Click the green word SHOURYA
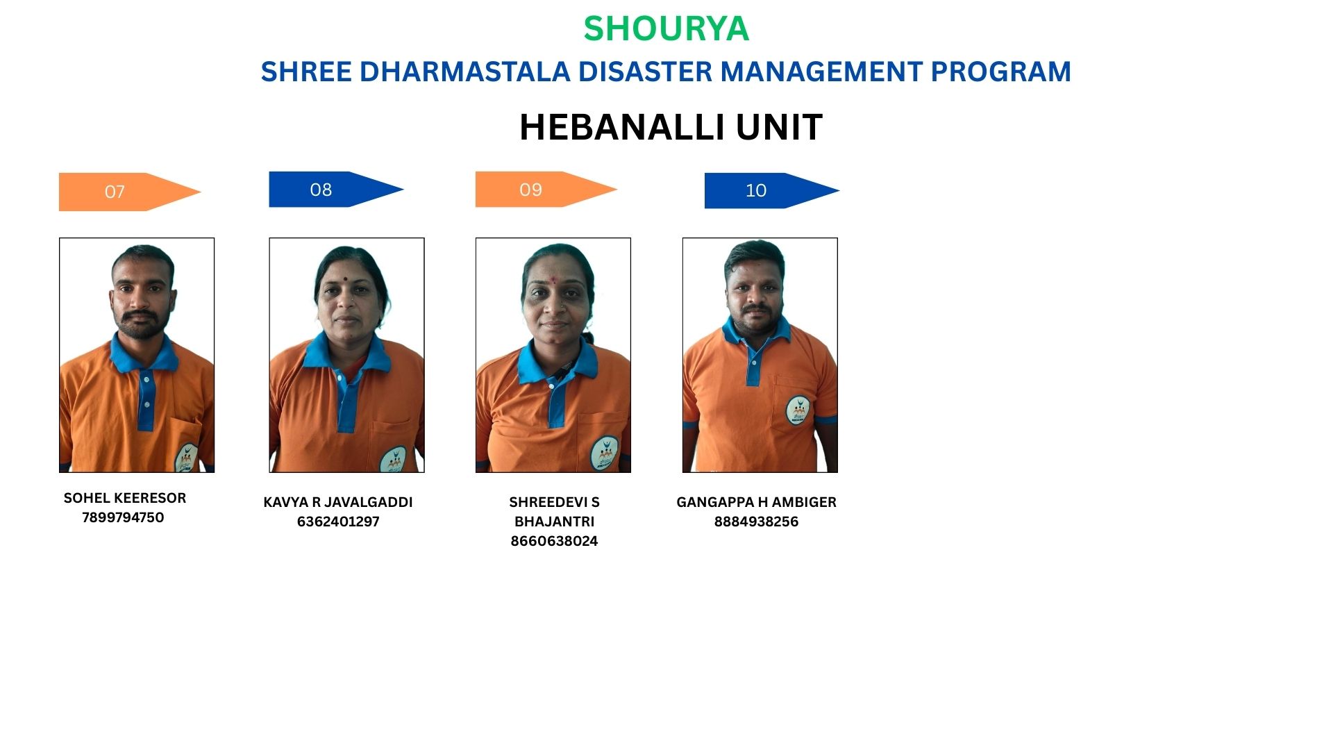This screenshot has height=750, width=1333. click(x=666, y=28)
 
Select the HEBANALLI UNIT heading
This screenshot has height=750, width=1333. click(x=671, y=127)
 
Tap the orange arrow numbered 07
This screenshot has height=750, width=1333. click(x=130, y=192)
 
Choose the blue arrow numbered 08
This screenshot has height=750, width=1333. click(x=336, y=190)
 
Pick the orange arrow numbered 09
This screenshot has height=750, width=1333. click(x=546, y=190)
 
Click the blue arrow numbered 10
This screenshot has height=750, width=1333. click(x=771, y=190)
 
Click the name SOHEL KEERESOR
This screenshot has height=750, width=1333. click(x=125, y=498)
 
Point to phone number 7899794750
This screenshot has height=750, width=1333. click(x=123, y=517)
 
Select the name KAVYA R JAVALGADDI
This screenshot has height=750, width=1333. click(x=338, y=502)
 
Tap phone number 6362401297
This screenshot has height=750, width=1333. click(x=338, y=522)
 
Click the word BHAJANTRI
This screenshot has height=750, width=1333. click(x=554, y=522)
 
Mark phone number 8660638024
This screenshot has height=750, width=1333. click(x=554, y=541)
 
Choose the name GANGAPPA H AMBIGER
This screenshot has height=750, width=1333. click(x=756, y=502)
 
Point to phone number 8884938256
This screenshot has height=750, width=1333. click(x=756, y=522)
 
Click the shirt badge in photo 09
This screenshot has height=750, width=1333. click(x=605, y=453)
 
